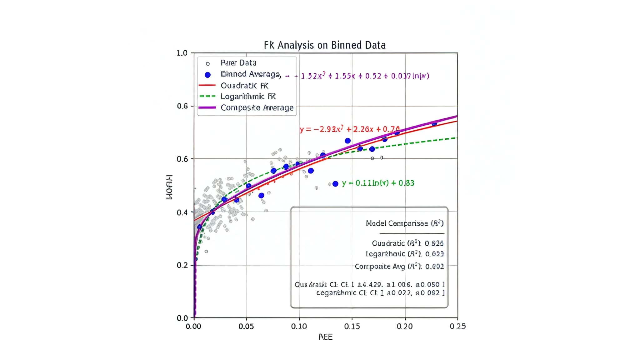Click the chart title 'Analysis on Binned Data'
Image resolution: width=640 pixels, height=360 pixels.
325,45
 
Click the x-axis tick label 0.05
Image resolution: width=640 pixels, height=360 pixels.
246,327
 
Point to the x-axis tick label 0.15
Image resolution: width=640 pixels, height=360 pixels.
352,327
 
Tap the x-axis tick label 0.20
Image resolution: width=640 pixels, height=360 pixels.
405,327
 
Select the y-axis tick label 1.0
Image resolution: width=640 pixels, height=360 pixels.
182,53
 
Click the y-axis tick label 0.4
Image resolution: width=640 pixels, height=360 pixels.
182,212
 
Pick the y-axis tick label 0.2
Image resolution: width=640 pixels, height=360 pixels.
182,265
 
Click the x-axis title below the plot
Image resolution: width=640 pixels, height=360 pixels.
325,337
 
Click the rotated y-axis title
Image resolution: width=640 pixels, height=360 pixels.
169,187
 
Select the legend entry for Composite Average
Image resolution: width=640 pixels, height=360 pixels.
257,108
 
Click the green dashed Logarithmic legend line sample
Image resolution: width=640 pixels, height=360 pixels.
207,96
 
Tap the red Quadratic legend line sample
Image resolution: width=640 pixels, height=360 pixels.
207,85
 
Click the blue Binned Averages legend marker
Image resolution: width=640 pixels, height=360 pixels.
207,75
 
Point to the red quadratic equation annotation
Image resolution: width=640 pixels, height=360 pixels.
349,129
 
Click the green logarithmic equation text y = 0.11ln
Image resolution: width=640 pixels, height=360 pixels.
378,183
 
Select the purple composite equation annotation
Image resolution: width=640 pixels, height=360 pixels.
364,76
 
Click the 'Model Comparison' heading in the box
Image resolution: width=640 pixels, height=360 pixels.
404,223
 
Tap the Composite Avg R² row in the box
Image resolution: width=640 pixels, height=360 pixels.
399,267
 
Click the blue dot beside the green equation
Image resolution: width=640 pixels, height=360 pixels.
335,184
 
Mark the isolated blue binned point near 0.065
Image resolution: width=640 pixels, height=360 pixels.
261,195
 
